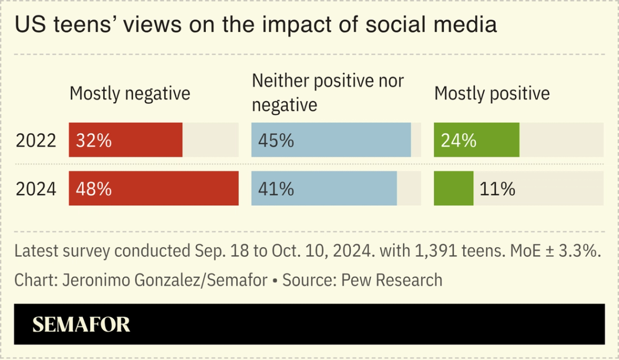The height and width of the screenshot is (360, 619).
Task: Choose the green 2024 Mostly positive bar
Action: pyautogui.click(x=453, y=188)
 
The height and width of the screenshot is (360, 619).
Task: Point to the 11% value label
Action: pyautogui.click(x=497, y=189)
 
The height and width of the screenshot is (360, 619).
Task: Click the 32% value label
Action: pyautogui.click(x=94, y=141)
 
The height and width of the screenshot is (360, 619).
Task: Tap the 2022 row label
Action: pyautogui.click(x=36, y=141)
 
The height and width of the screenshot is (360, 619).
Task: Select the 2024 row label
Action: pyautogui.click(x=36, y=189)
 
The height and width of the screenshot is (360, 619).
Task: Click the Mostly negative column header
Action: pyautogui.click(x=130, y=93)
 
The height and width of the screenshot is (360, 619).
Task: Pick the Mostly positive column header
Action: pyautogui.click(x=492, y=93)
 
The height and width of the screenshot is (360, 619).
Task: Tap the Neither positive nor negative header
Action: pyautogui.click(x=328, y=92)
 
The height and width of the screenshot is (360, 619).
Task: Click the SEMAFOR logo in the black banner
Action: pyautogui.click(x=81, y=325)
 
